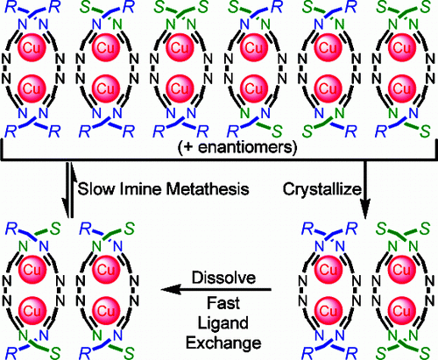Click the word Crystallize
coord(322,189)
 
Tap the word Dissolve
coord(223,278)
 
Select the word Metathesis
coord(208,188)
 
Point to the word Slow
coord(96,188)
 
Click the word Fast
coord(223,303)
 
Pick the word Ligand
coord(223,324)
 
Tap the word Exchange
coord(223,343)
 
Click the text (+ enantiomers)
coord(237,147)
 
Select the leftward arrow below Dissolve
coord(216,290)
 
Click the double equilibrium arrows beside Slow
coord(69,190)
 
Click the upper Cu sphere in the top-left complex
coord(32,47)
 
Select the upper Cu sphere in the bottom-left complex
coord(32,269)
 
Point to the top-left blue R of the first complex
coord(11,7)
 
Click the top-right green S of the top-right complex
coord(424,7)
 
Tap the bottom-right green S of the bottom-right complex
coord(424,353)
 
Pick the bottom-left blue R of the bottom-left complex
coord(11,353)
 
